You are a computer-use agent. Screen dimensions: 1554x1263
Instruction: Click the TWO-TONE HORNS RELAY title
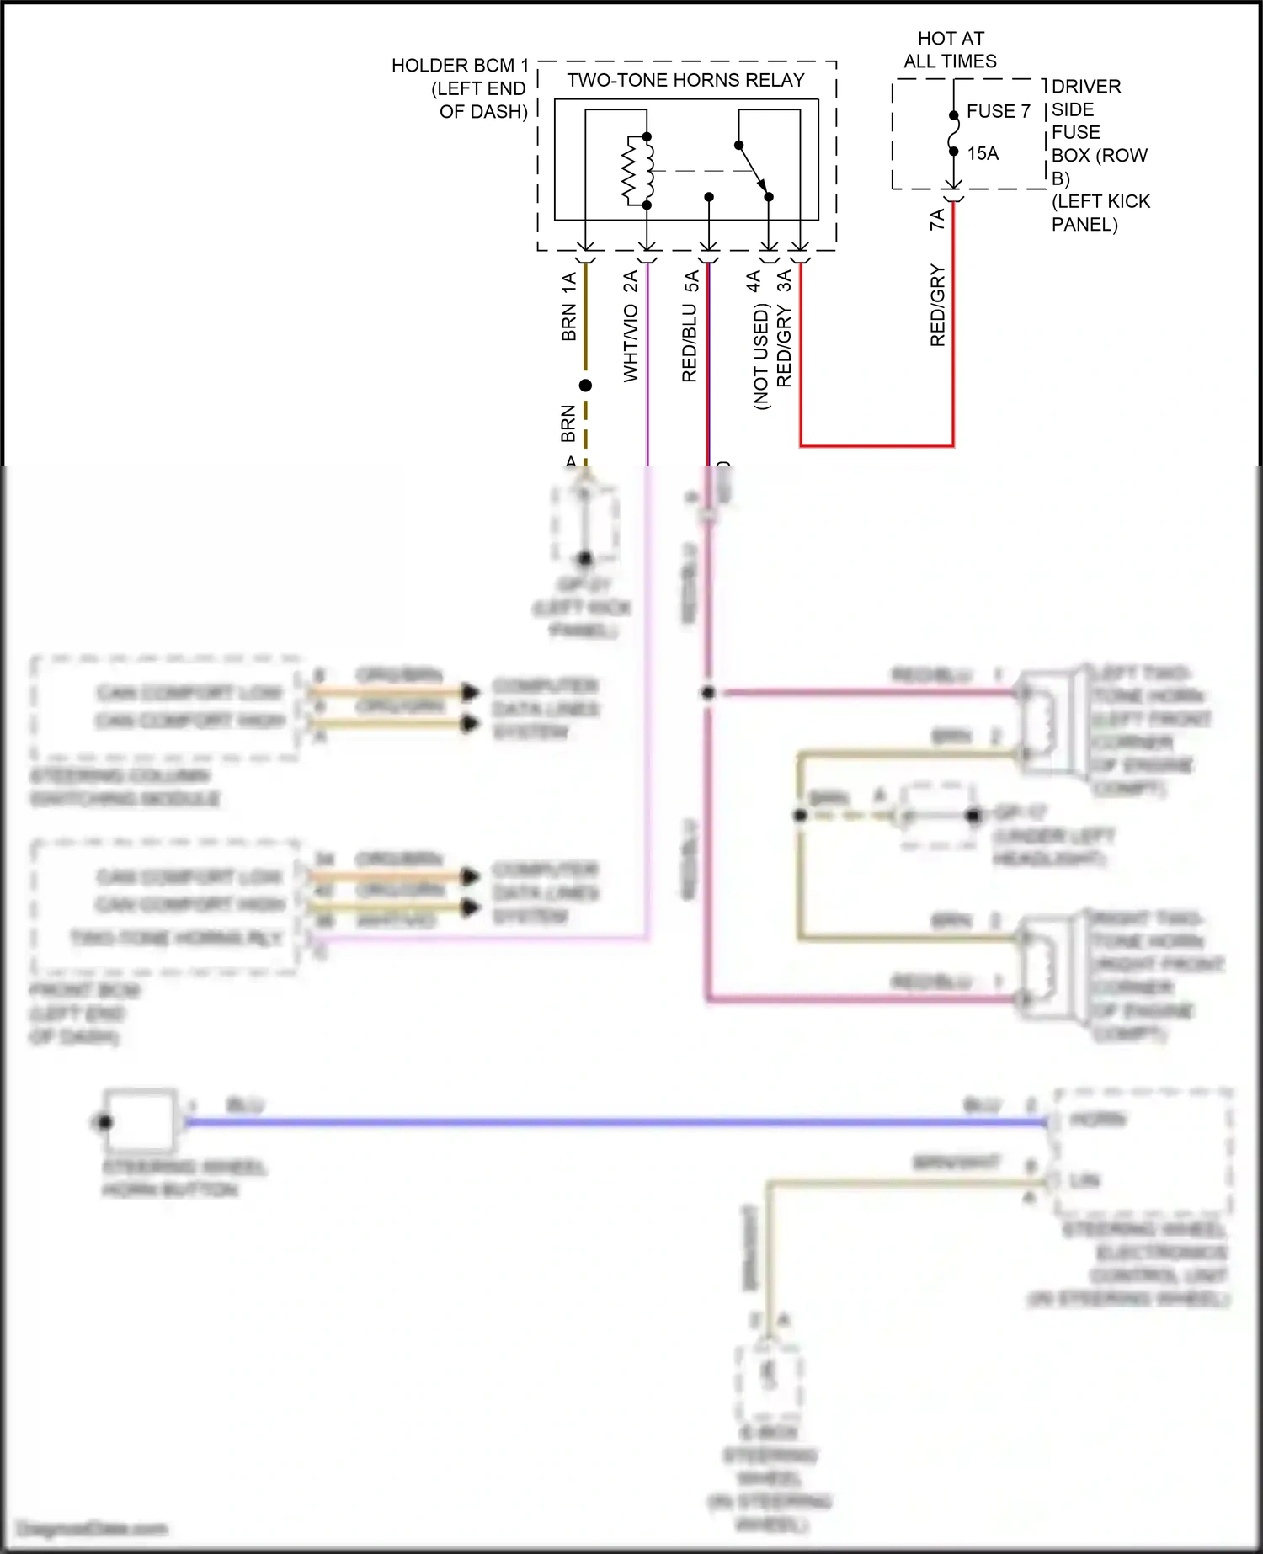pyautogui.click(x=685, y=80)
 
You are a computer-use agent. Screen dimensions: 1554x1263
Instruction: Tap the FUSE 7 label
pyautogui.click(x=998, y=111)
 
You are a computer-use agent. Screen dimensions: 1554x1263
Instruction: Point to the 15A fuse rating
pyautogui.click(x=983, y=153)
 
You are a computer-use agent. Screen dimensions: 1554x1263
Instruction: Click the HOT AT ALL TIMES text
pyautogui.click(x=951, y=50)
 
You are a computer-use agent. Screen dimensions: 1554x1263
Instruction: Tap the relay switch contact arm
pyautogui.click(x=753, y=170)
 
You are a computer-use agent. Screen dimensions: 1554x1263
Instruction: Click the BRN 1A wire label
pyautogui.click(x=568, y=306)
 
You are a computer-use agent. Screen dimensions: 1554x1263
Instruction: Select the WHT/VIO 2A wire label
pyautogui.click(x=630, y=326)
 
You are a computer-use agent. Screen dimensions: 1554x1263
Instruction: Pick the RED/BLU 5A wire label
pyautogui.click(x=690, y=326)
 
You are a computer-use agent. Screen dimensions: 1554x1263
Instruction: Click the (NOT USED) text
pyautogui.click(x=761, y=357)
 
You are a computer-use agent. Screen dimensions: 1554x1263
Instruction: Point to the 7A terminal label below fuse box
pyautogui.click(x=937, y=220)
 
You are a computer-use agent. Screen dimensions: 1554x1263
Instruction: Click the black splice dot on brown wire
pyautogui.click(x=585, y=386)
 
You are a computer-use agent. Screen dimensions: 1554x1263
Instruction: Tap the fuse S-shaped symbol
pyautogui.click(x=953, y=134)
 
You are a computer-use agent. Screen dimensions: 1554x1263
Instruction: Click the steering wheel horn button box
pyautogui.click(x=140, y=1120)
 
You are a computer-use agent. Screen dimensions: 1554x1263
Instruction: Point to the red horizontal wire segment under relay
pyautogui.click(x=876, y=445)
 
